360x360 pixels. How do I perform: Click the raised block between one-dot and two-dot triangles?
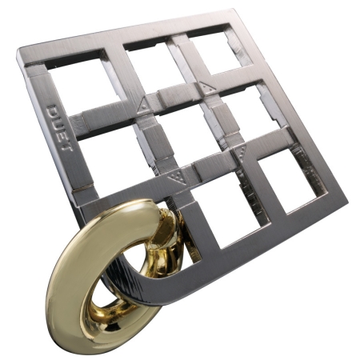pos(174,96)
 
